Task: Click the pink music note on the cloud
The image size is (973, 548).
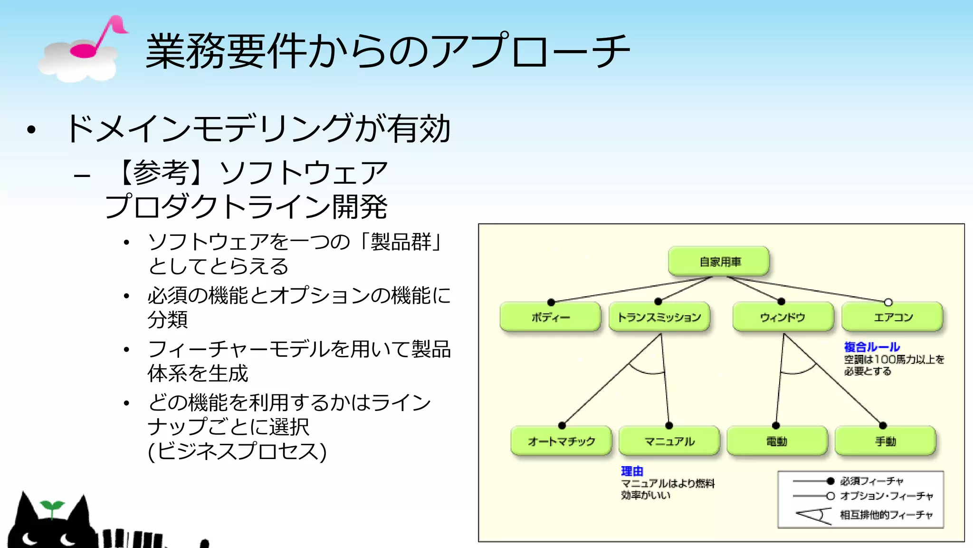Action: point(97,38)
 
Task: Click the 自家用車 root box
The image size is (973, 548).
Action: point(719,261)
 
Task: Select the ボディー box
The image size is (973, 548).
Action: point(550,317)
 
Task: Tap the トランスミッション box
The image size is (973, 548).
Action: point(659,317)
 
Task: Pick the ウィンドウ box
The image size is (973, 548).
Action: point(782,317)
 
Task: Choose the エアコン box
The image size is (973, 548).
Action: point(892,317)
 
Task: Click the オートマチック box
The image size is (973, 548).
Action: point(561,441)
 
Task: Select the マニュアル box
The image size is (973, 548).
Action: point(669,441)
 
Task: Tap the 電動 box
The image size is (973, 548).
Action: point(777,441)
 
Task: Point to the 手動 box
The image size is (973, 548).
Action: point(885,441)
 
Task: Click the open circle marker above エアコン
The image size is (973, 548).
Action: point(888,302)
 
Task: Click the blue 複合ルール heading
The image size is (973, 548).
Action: point(872,347)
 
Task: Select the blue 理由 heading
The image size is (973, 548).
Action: point(632,471)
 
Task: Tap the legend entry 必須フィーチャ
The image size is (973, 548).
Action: point(871,481)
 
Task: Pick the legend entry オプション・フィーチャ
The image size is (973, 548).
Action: point(886,496)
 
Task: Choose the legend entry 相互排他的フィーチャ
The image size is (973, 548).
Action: point(886,515)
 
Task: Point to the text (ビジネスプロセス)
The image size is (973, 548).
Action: point(237,451)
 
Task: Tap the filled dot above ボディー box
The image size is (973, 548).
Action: point(551,302)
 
